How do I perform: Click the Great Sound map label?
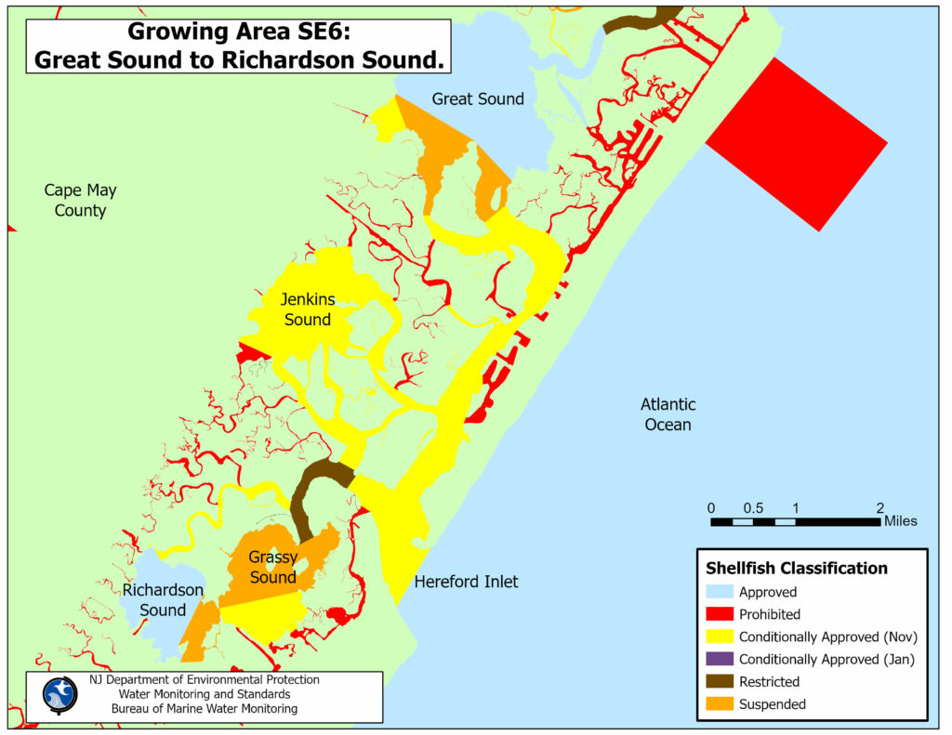478,98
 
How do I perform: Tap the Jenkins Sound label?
308,309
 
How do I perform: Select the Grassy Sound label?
272,567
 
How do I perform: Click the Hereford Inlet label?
466,582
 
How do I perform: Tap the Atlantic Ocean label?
668,414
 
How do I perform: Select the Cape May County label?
81,200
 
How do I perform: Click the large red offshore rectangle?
797,143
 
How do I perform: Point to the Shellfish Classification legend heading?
797,568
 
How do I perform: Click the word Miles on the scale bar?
900,521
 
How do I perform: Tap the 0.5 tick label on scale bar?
753,507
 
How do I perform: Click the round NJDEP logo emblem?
60,694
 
